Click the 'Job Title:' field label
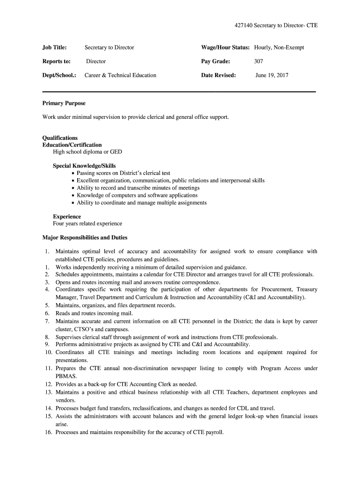tap(55, 47)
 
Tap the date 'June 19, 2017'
tap(272, 75)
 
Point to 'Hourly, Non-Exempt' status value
tap(279, 47)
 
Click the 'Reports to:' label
tap(57, 61)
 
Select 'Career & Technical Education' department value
tap(120, 75)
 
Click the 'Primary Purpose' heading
tap(64, 103)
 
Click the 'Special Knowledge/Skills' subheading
tap(84, 166)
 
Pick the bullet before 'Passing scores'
tap(73, 173)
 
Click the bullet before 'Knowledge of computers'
tap(73, 196)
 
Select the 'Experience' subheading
tap(67, 217)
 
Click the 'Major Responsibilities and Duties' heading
tap(85, 238)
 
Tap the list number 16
tap(48, 433)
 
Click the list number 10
tap(48, 352)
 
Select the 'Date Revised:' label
tap(218, 75)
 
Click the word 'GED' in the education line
tap(116, 152)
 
